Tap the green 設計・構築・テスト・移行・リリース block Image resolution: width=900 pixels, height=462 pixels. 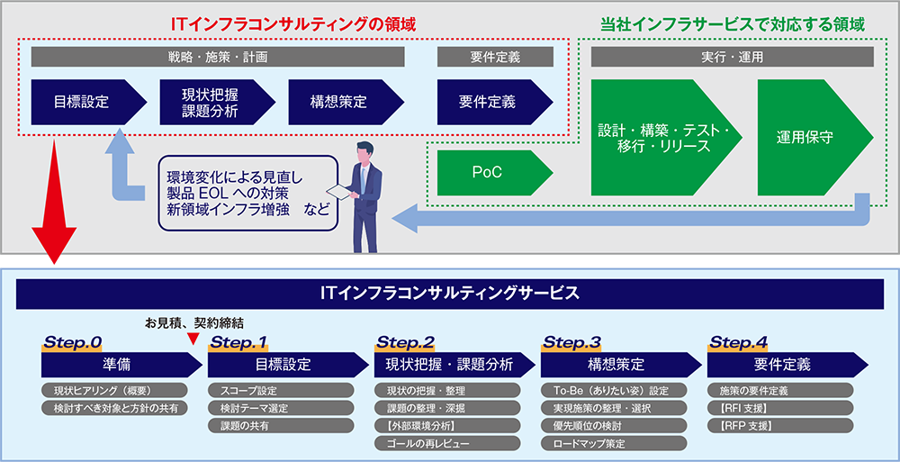point(662,139)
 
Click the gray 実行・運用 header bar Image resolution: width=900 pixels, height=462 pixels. point(732,57)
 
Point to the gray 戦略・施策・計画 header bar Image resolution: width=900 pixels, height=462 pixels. point(218,57)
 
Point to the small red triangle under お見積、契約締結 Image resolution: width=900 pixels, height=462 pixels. point(192,339)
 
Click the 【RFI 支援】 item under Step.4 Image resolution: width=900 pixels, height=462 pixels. point(743,408)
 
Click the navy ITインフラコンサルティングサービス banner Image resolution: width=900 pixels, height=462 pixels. point(449,294)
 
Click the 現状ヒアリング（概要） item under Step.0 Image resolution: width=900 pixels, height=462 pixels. point(102,391)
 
